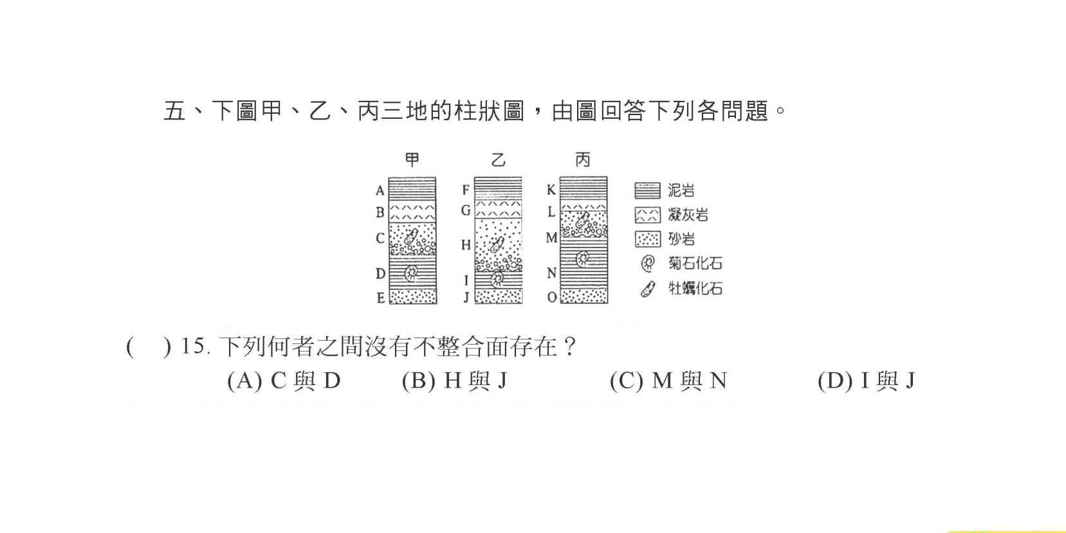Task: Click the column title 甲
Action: coord(412,159)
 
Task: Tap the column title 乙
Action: coord(498,159)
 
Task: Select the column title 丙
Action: coord(583,159)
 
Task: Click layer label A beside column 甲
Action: coord(380,190)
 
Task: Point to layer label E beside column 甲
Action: coord(380,298)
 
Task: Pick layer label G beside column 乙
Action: coord(466,210)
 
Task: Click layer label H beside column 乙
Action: coord(466,245)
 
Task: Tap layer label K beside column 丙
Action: coord(551,190)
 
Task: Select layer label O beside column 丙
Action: coord(551,297)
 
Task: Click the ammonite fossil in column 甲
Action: coord(411,273)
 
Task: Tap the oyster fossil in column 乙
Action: coord(497,245)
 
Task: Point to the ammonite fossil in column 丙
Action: coord(583,258)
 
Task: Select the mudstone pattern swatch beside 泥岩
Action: coord(647,190)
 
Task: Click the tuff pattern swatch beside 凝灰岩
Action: coord(647,215)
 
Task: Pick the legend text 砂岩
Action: coord(682,239)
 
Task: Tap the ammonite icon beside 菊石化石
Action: coord(648,263)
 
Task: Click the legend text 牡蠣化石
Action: coord(695,289)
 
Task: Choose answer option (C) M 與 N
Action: coord(668,381)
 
